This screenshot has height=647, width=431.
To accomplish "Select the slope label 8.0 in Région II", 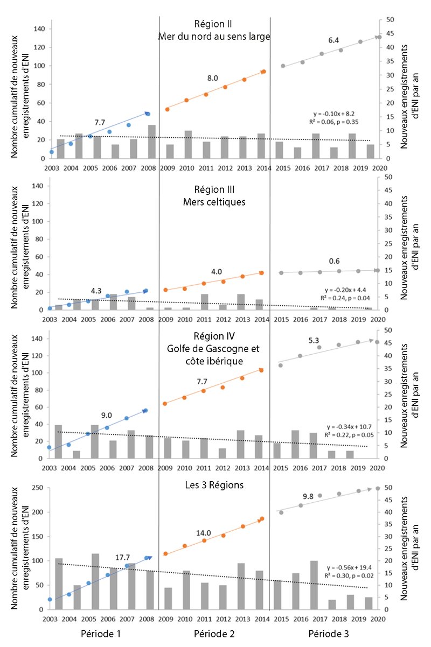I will (x=213, y=78).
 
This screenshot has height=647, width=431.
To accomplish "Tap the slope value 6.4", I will (x=333, y=40).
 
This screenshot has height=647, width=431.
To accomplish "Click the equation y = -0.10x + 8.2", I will (x=333, y=114).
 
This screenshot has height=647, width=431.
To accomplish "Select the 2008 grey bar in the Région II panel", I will (x=152, y=142).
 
